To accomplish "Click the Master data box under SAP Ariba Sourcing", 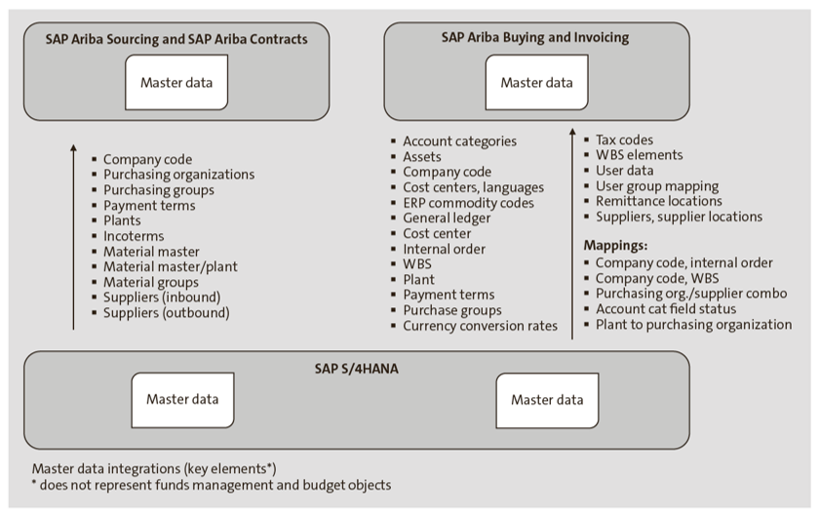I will click(x=176, y=83).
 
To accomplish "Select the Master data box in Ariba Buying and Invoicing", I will click(x=536, y=83).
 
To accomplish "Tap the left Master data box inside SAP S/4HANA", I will click(x=182, y=399).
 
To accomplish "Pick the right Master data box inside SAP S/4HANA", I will click(x=546, y=400).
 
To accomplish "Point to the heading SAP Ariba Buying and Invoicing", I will click(x=536, y=38).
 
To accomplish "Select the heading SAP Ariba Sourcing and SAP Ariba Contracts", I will click(x=176, y=39).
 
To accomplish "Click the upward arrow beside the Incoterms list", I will click(x=73, y=234).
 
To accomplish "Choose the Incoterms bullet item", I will click(x=134, y=236).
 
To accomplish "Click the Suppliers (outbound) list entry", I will click(x=166, y=313).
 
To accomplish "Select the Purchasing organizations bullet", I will click(x=178, y=175).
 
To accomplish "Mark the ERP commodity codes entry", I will click(x=468, y=203).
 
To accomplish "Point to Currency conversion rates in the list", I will click(x=480, y=326).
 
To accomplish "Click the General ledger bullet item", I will click(x=447, y=219).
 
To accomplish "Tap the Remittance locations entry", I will click(x=658, y=201).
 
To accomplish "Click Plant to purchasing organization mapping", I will click(x=693, y=325).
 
